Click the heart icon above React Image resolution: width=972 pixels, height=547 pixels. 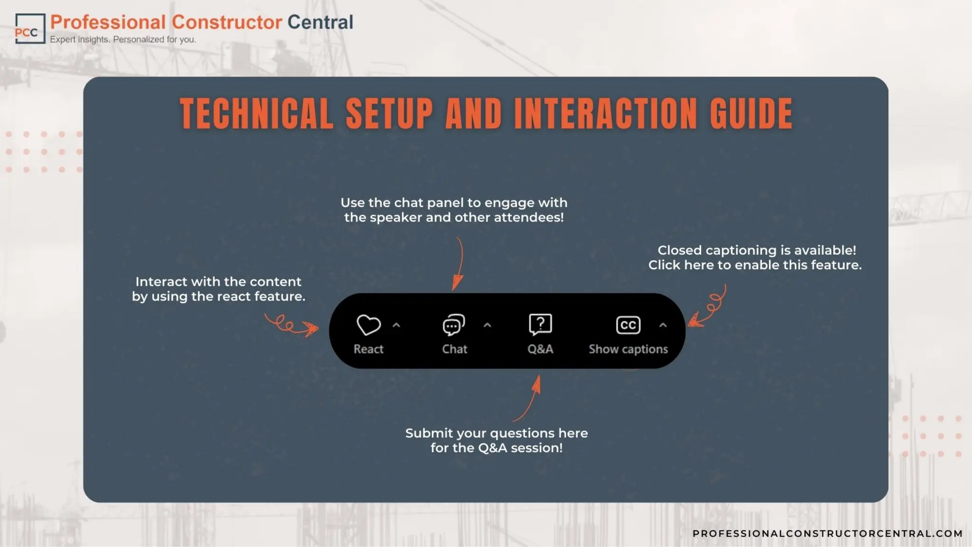[x=368, y=325]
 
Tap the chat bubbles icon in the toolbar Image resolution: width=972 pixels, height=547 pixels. [x=454, y=325]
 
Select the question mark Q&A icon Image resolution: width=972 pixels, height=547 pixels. [x=540, y=325]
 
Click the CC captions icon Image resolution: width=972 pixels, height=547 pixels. [x=628, y=325]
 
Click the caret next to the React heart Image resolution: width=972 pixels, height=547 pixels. [x=396, y=325]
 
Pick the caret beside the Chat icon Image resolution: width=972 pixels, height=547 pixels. [x=487, y=325]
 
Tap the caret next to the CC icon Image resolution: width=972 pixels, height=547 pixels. [x=663, y=325]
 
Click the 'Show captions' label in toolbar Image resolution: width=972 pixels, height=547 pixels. [x=628, y=349]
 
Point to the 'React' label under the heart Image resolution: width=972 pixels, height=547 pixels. [x=368, y=349]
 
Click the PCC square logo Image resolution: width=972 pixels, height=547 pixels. [x=30, y=28]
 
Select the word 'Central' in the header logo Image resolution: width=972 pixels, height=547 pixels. [x=320, y=22]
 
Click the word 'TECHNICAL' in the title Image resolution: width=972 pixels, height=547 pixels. [x=257, y=113]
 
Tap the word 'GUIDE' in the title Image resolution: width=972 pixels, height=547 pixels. [x=751, y=113]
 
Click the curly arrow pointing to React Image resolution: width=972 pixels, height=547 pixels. [x=290, y=326]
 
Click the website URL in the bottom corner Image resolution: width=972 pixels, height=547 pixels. [x=827, y=533]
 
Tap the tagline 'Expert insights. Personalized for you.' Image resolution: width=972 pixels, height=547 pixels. [x=123, y=39]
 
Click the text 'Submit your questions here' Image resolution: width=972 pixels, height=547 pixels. [x=496, y=433]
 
